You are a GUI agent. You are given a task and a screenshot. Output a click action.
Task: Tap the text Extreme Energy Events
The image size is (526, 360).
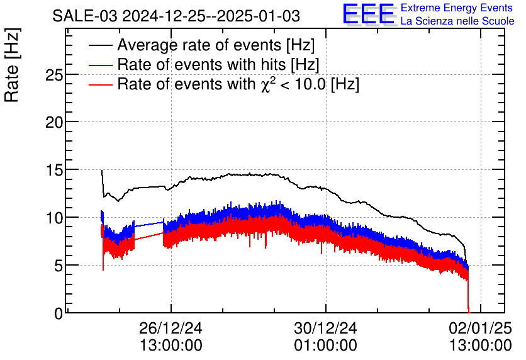point(457,8)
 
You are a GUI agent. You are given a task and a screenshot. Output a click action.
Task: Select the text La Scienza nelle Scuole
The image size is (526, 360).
point(457,21)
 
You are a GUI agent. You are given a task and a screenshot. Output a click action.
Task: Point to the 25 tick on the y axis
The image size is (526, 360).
point(55,74)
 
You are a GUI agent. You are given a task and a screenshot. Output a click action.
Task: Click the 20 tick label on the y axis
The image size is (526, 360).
point(55,122)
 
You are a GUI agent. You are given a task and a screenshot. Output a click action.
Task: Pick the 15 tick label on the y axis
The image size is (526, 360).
point(55,170)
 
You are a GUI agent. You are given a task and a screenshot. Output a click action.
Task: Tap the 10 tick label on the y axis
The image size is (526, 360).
point(55,218)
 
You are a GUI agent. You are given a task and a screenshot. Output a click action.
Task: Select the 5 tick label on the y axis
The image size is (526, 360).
point(59,266)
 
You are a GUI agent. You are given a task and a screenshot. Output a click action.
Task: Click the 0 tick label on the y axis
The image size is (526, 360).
point(59,313)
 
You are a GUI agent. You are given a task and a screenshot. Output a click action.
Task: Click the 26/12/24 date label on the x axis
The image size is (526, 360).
point(171,329)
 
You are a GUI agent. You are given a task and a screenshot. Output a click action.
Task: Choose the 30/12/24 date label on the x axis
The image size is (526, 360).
point(325,329)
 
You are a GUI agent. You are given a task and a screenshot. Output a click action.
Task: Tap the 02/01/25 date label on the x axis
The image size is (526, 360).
point(481,329)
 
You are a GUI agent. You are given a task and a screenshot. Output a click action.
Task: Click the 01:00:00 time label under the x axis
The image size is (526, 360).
point(325,346)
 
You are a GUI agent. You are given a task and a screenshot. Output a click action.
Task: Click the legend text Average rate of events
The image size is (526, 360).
point(216,46)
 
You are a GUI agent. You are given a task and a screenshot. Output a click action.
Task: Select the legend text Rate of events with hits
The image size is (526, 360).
point(218,65)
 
